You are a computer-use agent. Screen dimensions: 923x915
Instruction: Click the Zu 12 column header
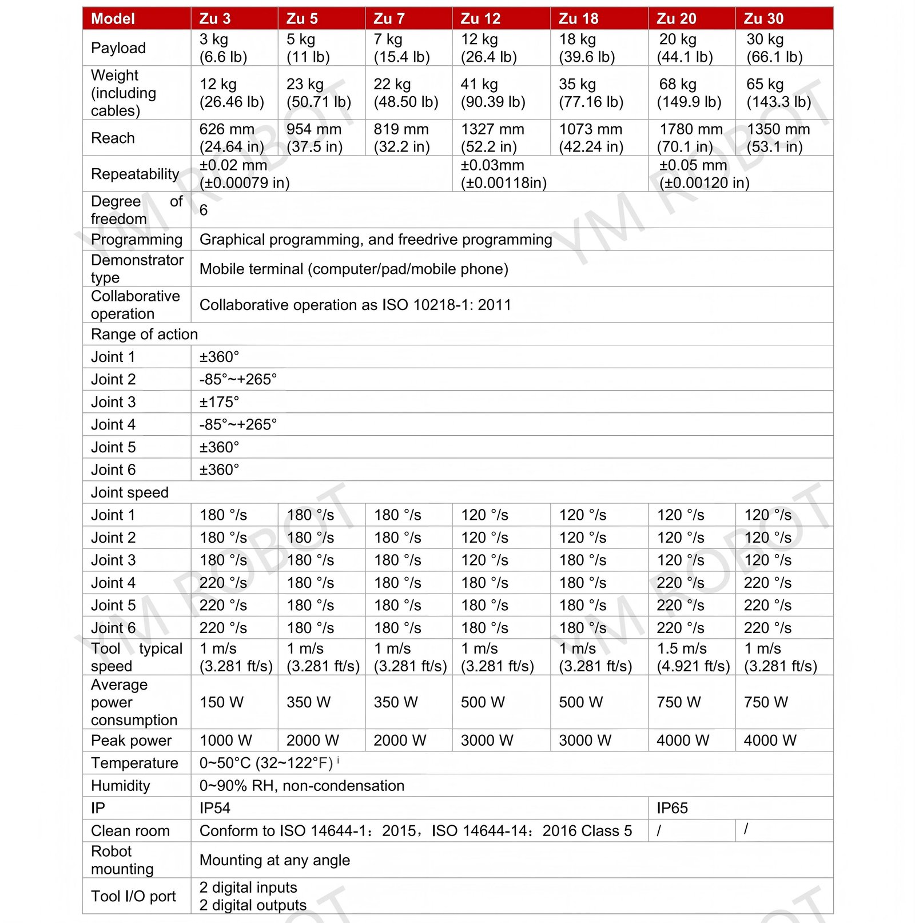[480, 19]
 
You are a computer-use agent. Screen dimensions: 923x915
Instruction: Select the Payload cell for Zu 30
[774, 48]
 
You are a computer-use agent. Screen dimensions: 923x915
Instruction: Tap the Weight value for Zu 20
[689, 93]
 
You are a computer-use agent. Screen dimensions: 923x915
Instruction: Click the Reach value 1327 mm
[492, 138]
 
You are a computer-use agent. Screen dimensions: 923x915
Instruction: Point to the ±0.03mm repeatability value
[503, 174]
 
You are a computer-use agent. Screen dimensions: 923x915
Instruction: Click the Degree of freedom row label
[136, 210]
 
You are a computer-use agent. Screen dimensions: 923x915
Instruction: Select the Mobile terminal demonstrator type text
[353, 269]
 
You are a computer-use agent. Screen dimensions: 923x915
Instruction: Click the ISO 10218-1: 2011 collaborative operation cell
[355, 305]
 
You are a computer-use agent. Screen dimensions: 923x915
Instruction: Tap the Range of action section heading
[144, 334]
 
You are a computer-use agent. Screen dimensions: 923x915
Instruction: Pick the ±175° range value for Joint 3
[219, 402]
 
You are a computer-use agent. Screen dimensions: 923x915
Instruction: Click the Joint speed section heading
[130, 492]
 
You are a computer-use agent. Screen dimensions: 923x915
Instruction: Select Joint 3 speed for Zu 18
[582, 560]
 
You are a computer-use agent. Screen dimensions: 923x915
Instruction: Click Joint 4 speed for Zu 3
[223, 583]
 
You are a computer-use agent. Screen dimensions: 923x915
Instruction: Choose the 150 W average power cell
[221, 702]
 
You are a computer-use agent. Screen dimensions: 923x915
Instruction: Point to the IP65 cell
[672, 808]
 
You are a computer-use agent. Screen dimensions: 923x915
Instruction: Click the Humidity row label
[120, 786]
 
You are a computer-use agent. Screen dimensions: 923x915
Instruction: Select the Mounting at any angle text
[274, 860]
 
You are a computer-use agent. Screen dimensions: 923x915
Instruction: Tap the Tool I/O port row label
[133, 896]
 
